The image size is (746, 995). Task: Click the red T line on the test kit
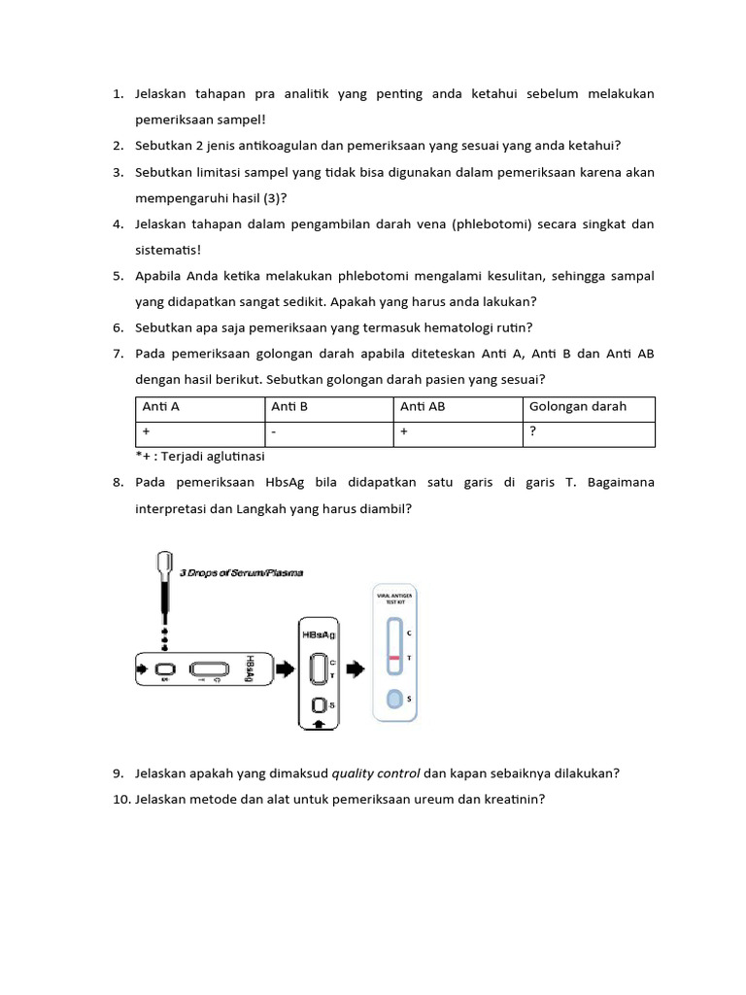[x=394, y=659]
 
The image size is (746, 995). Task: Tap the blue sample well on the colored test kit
[x=394, y=698]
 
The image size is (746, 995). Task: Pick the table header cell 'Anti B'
[x=289, y=407]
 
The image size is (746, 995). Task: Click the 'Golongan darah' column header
[x=578, y=407]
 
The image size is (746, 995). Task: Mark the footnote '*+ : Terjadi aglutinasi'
[x=200, y=456]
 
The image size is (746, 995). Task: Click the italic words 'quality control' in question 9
[x=376, y=773]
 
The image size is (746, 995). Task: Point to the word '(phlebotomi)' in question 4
[x=492, y=224]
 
